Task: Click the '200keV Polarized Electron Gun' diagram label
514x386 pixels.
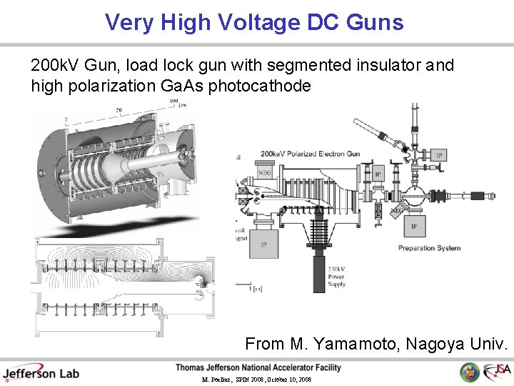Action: pyautogui.click(x=310, y=154)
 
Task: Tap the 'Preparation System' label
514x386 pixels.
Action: pyautogui.click(x=429, y=248)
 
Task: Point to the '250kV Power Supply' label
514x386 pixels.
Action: pyautogui.click(x=336, y=275)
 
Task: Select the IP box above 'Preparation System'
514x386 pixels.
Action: pyautogui.click(x=414, y=227)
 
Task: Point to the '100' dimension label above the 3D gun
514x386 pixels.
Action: pyautogui.click(x=173, y=102)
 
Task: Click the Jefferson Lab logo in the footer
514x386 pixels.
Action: pyautogui.click(x=41, y=372)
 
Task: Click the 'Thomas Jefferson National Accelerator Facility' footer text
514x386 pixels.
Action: pyautogui.click(x=258, y=367)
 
